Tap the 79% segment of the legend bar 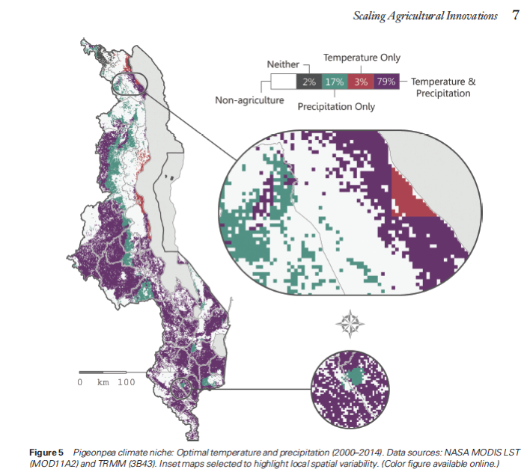coord(386,82)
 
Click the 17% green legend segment coord(335,82)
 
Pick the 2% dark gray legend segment coord(309,82)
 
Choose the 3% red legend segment coord(361,82)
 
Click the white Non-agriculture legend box coord(284,82)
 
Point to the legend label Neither coord(283,65)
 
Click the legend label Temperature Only coord(362,58)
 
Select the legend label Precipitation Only coord(336,107)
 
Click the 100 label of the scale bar coord(126,382)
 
